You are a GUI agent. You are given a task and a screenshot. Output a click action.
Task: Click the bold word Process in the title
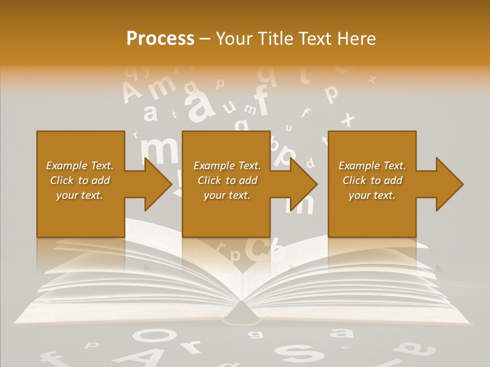point(160,39)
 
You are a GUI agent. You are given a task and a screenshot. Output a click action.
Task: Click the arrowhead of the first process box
point(158,184)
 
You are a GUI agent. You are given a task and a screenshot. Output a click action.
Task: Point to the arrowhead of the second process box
point(304,184)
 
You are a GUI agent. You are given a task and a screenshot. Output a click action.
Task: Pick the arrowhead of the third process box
point(450,184)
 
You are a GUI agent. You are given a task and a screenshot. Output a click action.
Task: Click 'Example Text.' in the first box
point(80,166)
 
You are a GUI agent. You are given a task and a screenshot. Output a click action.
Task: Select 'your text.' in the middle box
point(227,195)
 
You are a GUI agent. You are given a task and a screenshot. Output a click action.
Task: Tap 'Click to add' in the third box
point(373,180)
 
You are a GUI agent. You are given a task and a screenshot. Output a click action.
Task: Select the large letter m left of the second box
point(159,151)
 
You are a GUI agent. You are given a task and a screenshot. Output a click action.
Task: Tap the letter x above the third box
point(348,120)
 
